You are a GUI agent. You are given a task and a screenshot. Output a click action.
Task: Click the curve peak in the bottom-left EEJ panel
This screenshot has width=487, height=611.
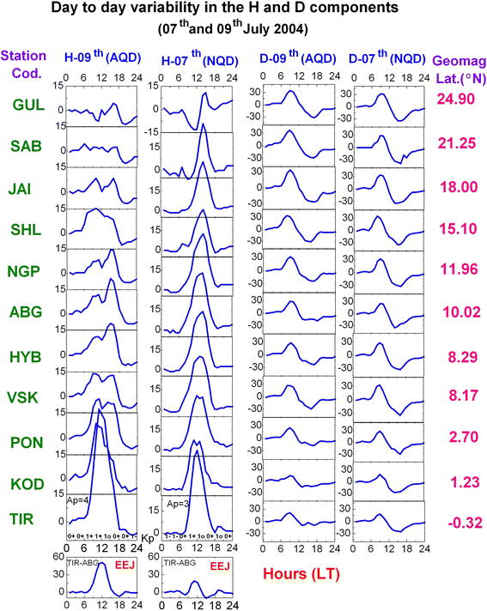tap(102, 563)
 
